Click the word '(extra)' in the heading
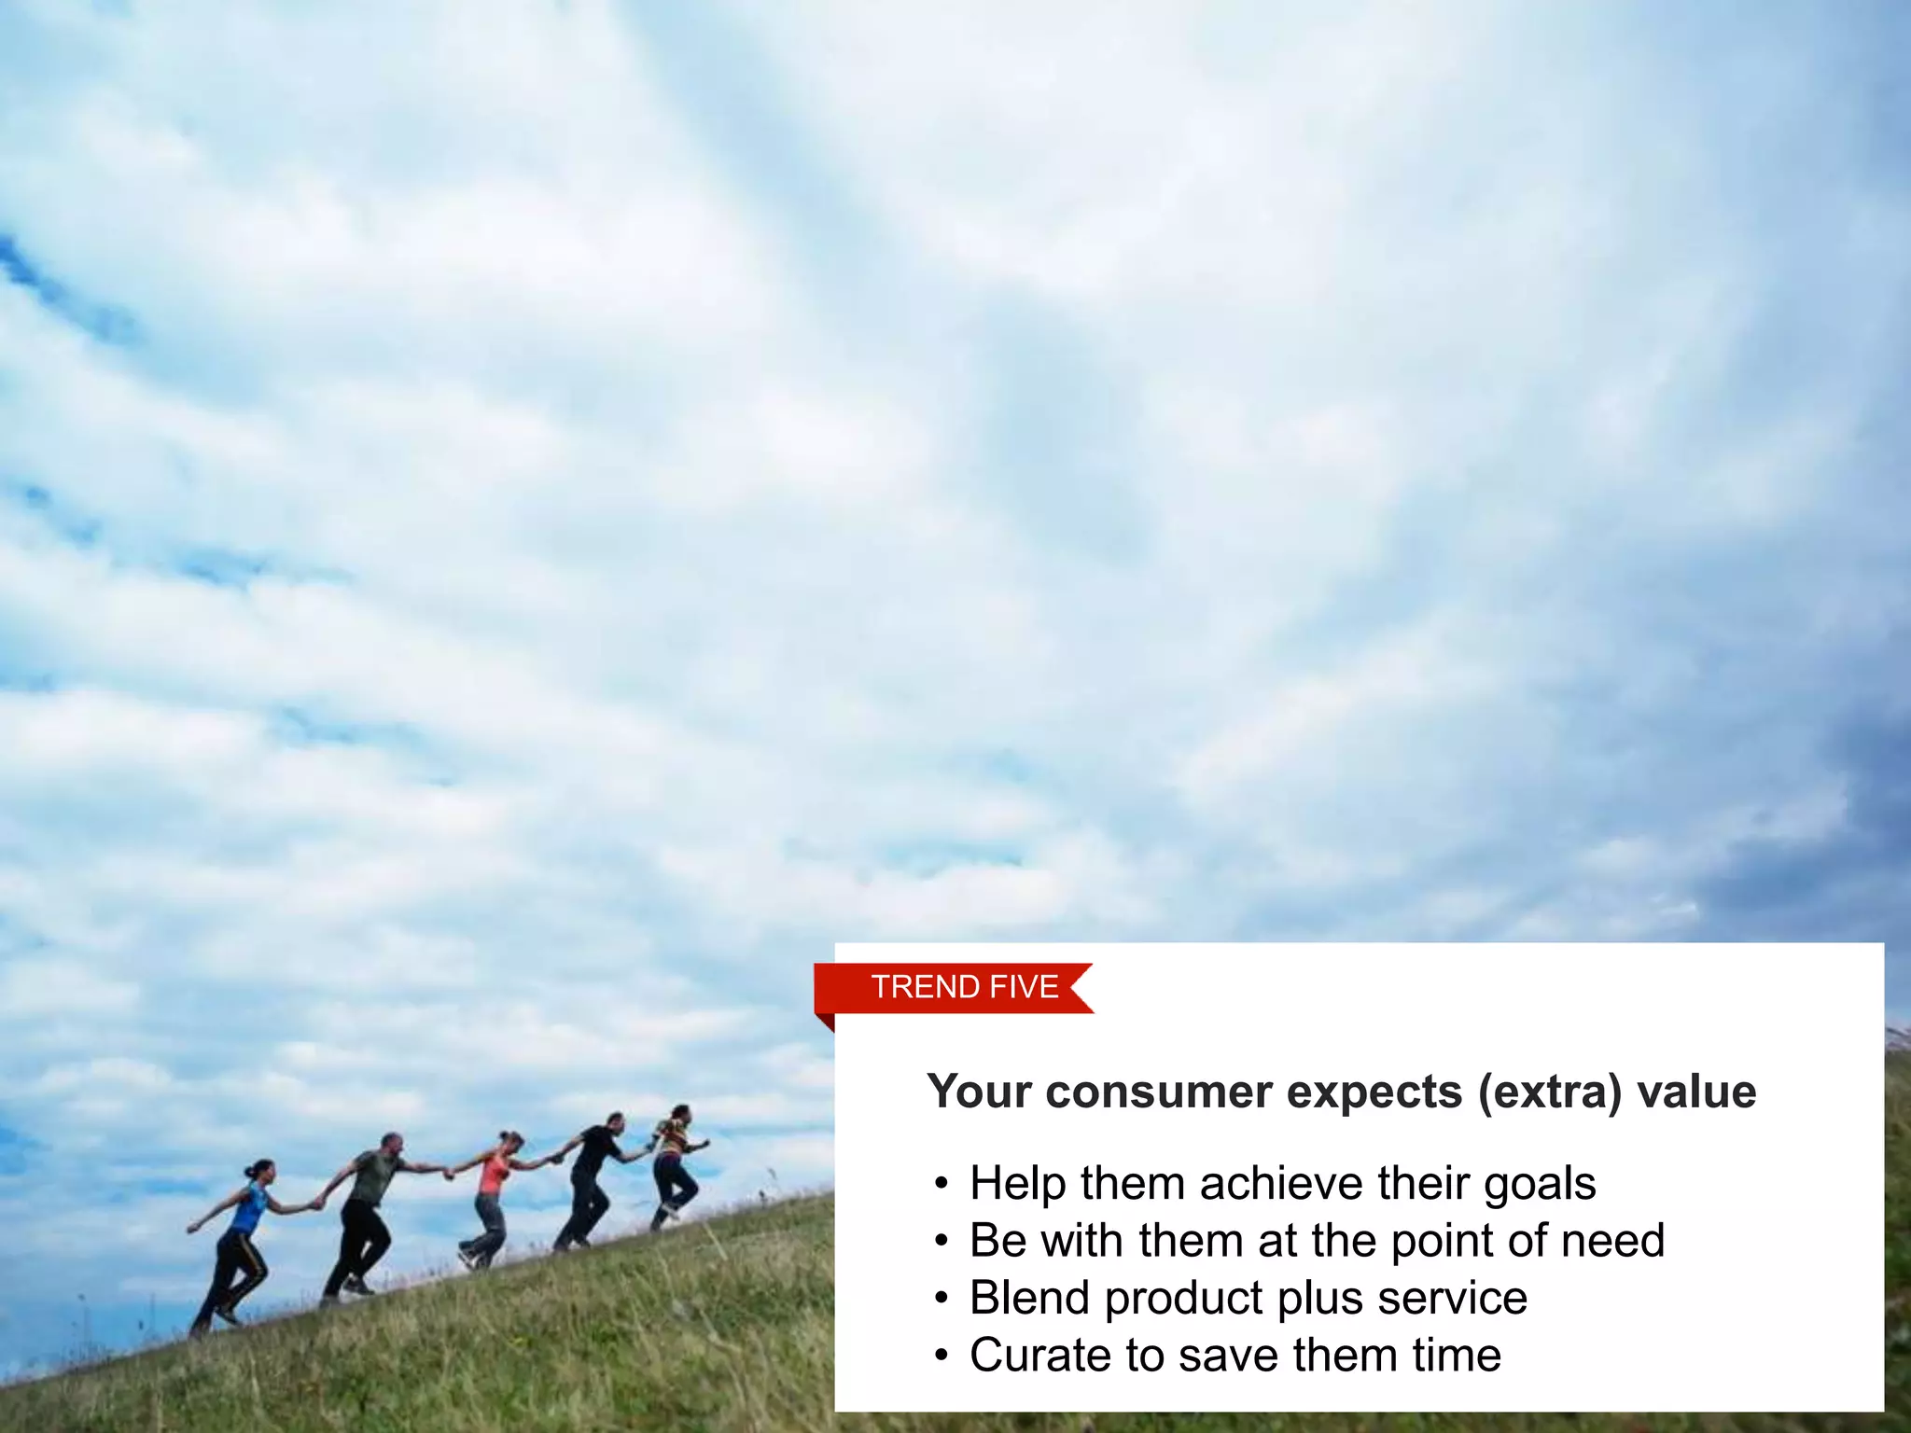(x=1549, y=1092)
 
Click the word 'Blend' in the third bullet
(x=1029, y=1298)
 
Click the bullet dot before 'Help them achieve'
(x=942, y=1185)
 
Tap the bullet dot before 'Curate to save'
(x=942, y=1356)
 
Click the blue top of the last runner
(x=248, y=1208)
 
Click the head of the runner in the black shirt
(x=615, y=1120)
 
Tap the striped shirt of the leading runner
(x=672, y=1137)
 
